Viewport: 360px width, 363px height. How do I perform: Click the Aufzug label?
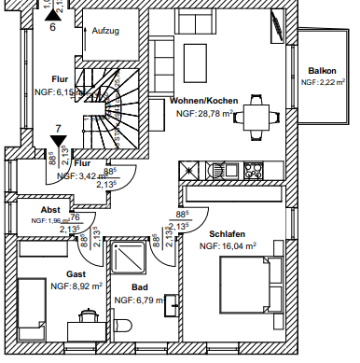(x=106, y=31)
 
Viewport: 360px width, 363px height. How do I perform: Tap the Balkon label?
(x=324, y=71)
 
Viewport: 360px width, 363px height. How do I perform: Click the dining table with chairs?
(x=256, y=117)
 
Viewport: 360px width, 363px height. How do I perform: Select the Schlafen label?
(x=227, y=234)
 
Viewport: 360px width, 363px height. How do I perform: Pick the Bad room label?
(x=140, y=288)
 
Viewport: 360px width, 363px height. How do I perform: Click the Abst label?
(x=50, y=210)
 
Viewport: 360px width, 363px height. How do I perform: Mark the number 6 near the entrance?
(x=52, y=28)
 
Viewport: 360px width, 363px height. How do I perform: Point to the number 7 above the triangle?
(x=58, y=127)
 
